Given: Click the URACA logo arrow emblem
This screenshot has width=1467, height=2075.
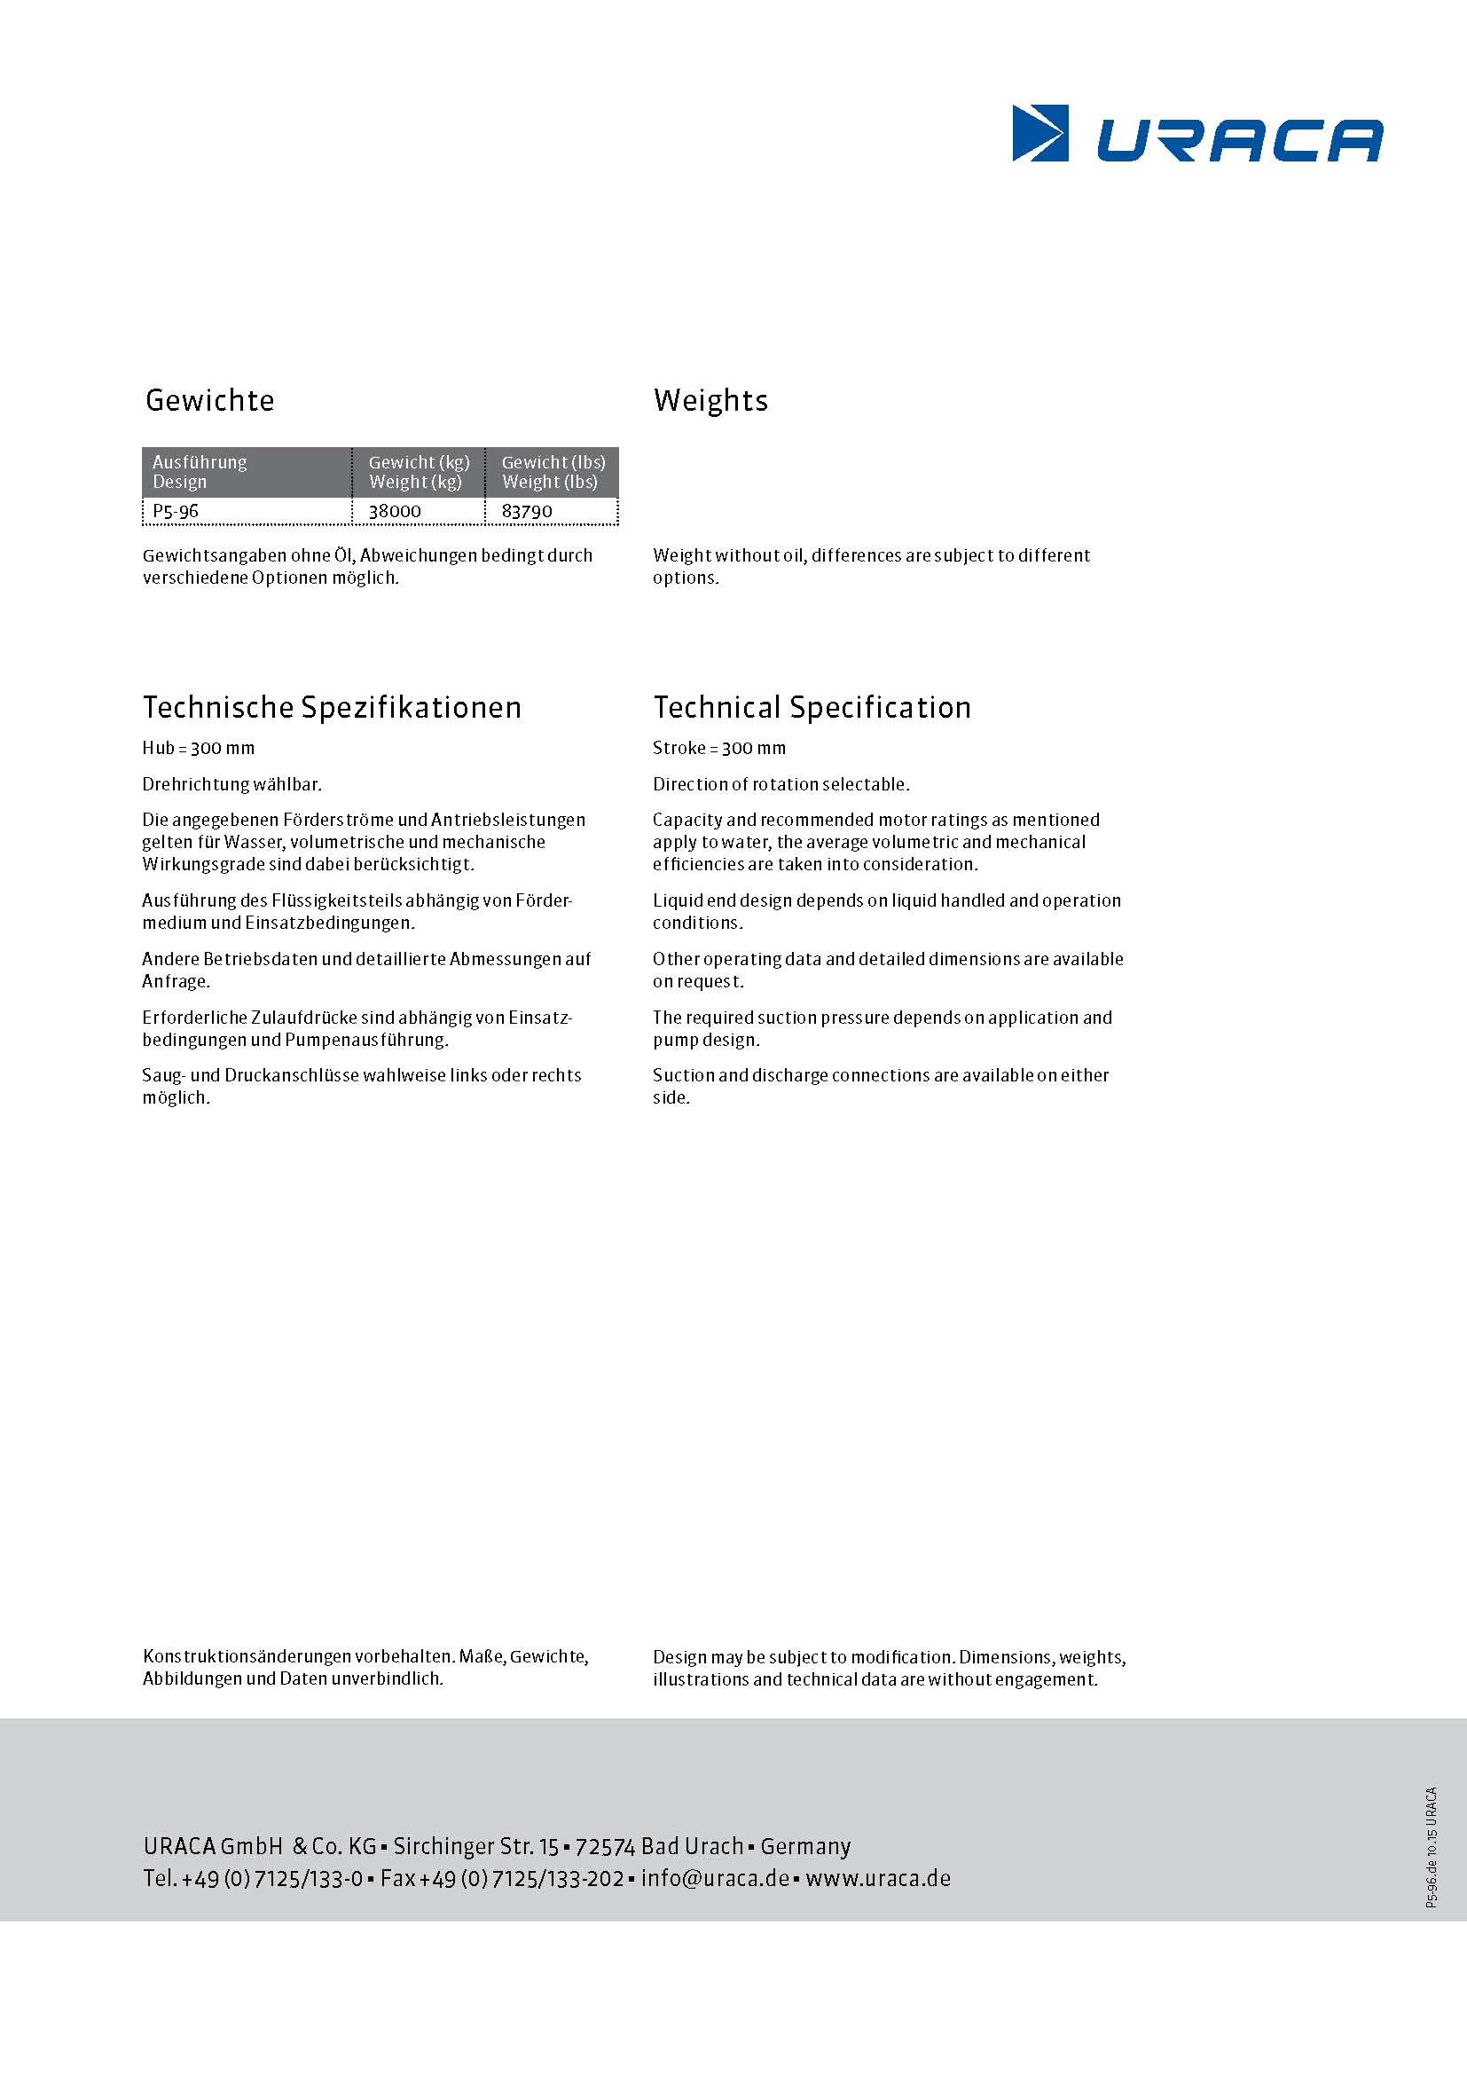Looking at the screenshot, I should point(1039,134).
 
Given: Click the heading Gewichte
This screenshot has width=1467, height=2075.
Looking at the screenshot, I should point(209,400).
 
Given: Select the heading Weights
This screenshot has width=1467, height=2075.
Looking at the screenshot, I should point(710,400).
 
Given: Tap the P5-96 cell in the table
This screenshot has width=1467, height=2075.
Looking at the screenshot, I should point(176,512).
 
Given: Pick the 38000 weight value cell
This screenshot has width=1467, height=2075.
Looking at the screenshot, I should point(395,512).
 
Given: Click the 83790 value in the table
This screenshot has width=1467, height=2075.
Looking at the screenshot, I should point(527,512).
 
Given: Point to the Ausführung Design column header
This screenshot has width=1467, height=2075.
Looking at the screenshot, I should point(199,472).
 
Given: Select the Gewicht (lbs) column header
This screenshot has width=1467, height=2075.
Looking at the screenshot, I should point(553,472).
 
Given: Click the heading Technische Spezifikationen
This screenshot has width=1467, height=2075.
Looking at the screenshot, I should point(332,708).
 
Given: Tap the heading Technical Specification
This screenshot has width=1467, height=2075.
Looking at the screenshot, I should point(812,708).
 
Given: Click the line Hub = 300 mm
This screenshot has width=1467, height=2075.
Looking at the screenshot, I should point(199,749).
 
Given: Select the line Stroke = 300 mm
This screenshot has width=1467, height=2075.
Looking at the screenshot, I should point(719,749).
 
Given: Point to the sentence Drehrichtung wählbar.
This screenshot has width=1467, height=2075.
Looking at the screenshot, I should point(232,784).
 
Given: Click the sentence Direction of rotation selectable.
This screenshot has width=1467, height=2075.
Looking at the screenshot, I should point(781,784).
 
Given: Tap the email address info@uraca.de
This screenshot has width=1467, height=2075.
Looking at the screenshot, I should point(716,1879).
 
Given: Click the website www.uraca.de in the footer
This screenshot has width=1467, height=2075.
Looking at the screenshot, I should point(878,1879).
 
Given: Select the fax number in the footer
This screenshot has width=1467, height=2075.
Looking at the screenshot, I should point(502,1879).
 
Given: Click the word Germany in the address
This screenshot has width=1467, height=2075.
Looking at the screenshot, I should point(805,1846).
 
